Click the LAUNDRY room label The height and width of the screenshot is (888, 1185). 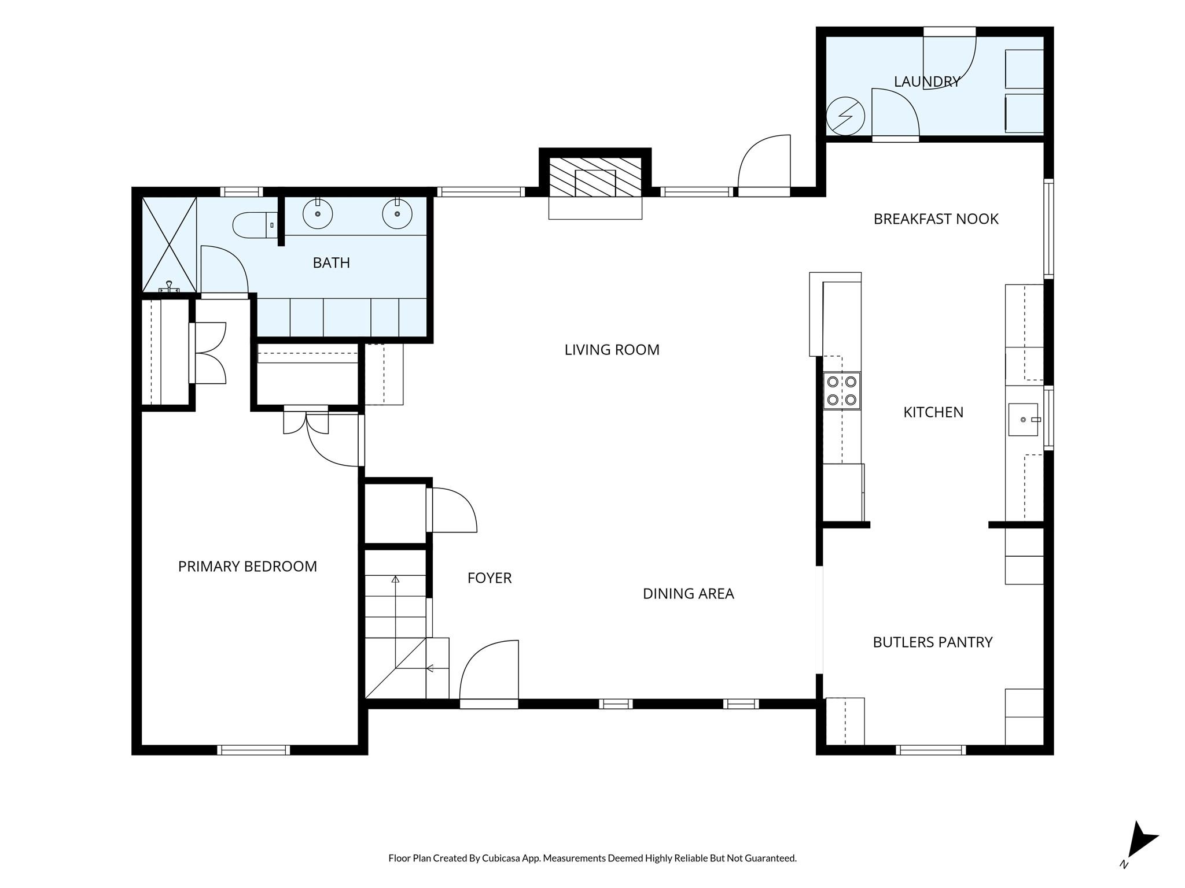(x=927, y=82)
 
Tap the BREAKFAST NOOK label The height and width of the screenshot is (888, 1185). (x=936, y=219)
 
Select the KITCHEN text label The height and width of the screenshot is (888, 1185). (x=933, y=412)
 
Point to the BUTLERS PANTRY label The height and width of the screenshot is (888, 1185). (x=933, y=642)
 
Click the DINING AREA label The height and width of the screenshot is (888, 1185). (x=689, y=594)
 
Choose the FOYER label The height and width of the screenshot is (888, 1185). (x=490, y=578)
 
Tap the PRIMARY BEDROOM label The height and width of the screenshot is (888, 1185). (x=248, y=567)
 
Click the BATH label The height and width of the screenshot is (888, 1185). (x=332, y=263)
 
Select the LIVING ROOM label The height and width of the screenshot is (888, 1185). (x=612, y=350)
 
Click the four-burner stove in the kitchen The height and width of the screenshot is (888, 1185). (x=842, y=391)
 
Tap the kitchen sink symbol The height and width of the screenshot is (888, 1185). (x=1024, y=419)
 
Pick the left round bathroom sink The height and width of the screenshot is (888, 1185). (x=318, y=213)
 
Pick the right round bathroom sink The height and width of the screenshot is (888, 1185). (x=398, y=213)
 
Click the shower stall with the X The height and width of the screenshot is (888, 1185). (x=170, y=245)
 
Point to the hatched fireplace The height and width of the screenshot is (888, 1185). (x=595, y=176)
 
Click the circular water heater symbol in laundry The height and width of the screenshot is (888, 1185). (x=845, y=116)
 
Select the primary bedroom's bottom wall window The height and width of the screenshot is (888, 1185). (x=253, y=750)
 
